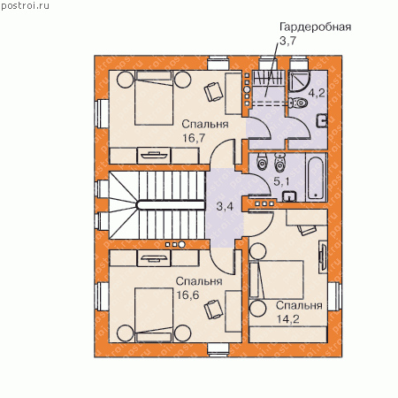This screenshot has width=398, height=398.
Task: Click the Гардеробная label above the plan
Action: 315,27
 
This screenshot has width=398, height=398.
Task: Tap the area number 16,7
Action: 194,138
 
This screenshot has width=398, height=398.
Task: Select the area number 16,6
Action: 188,295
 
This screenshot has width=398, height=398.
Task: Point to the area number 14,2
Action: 288,318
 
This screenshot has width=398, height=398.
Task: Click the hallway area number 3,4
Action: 225,206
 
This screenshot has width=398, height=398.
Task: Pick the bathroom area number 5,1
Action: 281,181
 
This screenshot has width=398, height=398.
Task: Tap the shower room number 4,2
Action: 317,93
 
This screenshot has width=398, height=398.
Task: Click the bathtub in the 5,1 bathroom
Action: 316,178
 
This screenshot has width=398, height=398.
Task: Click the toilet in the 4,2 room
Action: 298,103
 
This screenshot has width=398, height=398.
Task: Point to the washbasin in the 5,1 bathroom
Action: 289,196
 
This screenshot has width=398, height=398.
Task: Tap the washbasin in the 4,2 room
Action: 322,120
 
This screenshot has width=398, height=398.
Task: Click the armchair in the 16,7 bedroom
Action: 213,91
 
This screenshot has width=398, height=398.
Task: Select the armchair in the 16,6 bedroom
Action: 213,309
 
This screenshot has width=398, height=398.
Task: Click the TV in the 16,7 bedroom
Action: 155,155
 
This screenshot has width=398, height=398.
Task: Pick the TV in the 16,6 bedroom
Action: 155,258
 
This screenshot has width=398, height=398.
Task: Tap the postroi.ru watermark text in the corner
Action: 26,6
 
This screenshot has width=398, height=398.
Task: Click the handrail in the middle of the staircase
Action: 170,205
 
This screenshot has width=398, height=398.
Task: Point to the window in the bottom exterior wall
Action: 218,349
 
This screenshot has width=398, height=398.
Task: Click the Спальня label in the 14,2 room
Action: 299,306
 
